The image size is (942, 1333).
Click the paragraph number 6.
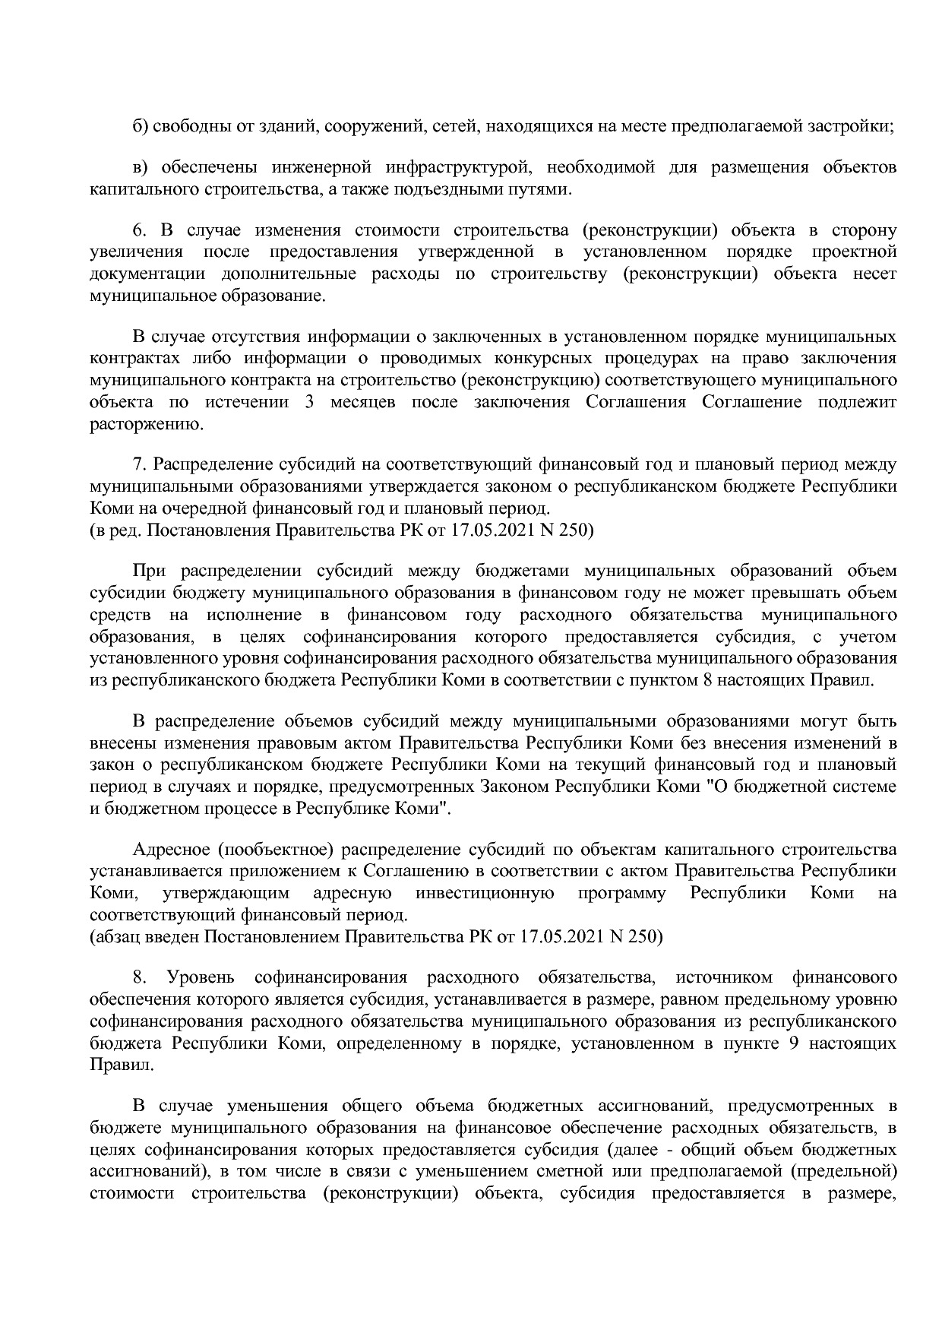138,230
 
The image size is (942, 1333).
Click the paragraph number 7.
138,464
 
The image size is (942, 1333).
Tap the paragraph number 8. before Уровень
138,977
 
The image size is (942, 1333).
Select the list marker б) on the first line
140,126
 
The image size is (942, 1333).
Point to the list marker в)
139,167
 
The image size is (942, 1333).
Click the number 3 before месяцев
309,402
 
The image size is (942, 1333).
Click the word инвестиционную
485,893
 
